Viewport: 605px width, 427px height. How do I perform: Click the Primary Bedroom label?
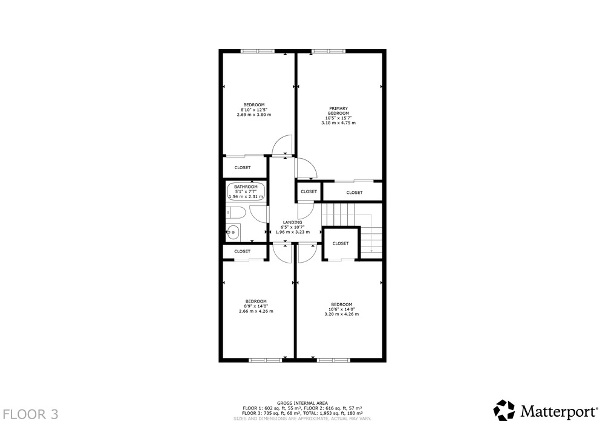click(x=338, y=111)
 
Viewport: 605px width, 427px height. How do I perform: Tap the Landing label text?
click(x=292, y=222)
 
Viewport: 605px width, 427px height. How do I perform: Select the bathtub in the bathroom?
click(x=246, y=191)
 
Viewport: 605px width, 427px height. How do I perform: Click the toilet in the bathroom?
click(x=235, y=212)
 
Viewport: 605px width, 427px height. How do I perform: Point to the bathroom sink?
click(x=233, y=233)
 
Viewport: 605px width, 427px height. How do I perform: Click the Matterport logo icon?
click(x=504, y=410)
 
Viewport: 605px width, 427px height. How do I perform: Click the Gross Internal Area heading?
click(x=302, y=403)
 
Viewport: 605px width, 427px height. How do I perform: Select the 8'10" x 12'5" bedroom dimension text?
click(x=254, y=110)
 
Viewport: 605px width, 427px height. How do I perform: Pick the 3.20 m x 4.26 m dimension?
click(x=341, y=314)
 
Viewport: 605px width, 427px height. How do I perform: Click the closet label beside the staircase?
click(x=340, y=243)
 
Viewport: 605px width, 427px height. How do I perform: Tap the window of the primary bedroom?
click(x=329, y=51)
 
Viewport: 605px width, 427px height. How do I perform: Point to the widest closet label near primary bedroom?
click(x=354, y=193)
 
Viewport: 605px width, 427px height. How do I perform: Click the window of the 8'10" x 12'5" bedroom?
click(x=258, y=51)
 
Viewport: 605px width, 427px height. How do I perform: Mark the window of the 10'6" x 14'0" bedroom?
click(x=334, y=361)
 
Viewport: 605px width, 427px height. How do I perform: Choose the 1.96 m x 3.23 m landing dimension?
click(x=292, y=232)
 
